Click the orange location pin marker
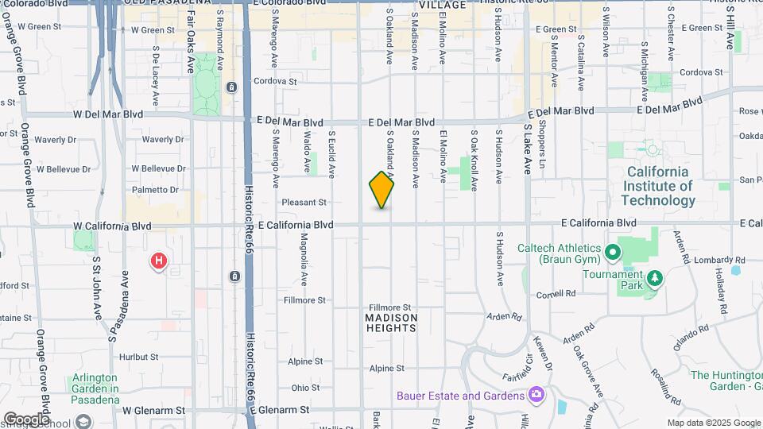(x=382, y=190)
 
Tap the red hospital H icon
(x=160, y=260)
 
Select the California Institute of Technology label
(x=660, y=186)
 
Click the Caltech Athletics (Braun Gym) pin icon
(x=613, y=253)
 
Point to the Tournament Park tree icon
(x=655, y=278)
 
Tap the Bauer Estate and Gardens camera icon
(x=536, y=394)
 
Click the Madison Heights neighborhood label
(x=391, y=323)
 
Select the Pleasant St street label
(x=304, y=203)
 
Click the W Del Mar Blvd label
(x=108, y=114)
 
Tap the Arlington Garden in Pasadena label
(x=95, y=383)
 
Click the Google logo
(x=25, y=419)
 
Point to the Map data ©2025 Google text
(x=713, y=423)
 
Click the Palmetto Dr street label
(x=155, y=190)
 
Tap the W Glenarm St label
(x=153, y=411)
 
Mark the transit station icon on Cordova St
(x=231, y=87)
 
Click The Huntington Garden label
(x=726, y=381)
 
